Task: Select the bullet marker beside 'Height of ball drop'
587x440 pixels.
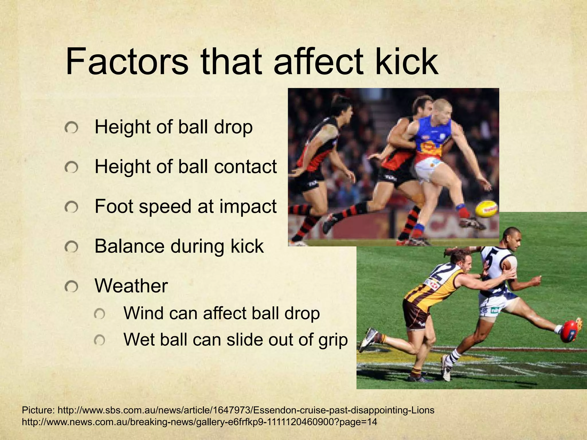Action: pos(71,128)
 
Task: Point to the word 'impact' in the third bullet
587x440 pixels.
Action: pos(248,206)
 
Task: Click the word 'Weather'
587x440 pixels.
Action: pos(131,286)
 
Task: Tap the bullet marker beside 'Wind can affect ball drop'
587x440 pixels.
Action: pos(99,314)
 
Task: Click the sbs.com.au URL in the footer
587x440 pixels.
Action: pos(246,410)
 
